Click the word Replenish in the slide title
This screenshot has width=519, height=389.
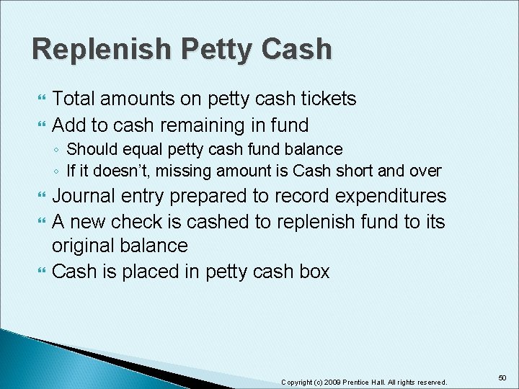[101, 50]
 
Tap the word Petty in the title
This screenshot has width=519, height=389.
[219, 50]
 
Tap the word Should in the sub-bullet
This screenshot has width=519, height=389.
[88, 150]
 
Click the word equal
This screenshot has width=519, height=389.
[132, 150]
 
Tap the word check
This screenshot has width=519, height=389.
[138, 221]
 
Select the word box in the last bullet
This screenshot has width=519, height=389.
[314, 272]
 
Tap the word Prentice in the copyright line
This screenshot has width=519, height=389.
[358, 382]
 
